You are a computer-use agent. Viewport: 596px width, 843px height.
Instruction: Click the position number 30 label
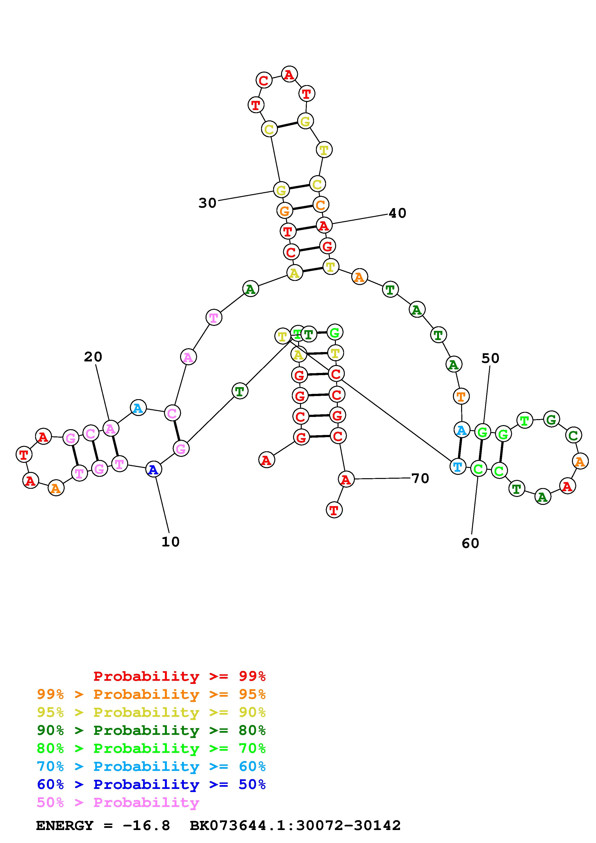click(207, 203)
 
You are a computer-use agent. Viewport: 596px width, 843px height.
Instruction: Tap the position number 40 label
click(397, 213)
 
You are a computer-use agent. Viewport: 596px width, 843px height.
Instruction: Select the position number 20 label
click(93, 357)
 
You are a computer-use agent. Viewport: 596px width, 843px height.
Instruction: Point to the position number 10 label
click(170, 542)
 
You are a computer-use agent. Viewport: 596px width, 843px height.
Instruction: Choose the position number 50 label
click(490, 358)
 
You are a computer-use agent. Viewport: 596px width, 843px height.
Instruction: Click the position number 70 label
click(420, 478)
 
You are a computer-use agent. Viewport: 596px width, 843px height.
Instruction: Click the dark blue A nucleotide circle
click(153, 470)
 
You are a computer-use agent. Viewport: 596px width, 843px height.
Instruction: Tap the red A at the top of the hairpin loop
click(289, 74)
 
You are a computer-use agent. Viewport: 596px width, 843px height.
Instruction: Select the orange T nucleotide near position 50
click(461, 397)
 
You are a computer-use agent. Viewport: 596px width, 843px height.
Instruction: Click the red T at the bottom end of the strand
click(334, 510)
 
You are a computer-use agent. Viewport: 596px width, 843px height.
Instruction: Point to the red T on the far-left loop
click(24, 455)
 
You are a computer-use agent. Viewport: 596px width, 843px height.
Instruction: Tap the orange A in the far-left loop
click(56, 488)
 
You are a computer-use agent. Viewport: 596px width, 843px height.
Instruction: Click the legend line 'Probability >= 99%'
click(179, 676)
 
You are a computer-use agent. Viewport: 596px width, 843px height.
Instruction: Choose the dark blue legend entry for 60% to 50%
click(151, 785)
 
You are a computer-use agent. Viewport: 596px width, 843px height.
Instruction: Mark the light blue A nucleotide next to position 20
click(138, 408)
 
